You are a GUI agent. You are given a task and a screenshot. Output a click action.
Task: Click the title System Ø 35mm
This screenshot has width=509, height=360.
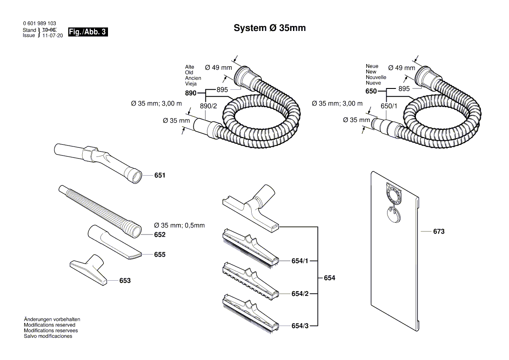pyautogui.click(x=270, y=28)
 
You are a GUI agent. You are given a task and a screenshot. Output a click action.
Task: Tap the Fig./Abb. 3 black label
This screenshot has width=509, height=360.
pyautogui.click(x=88, y=32)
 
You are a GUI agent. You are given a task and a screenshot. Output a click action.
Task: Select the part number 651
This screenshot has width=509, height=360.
pyautogui.click(x=160, y=176)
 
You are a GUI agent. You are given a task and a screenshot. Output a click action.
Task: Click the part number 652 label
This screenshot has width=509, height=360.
pyautogui.click(x=160, y=235)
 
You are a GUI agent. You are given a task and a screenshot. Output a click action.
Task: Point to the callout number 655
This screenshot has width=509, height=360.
pyautogui.click(x=160, y=255)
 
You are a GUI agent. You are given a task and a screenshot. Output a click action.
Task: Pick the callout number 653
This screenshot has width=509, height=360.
pyautogui.click(x=125, y=281)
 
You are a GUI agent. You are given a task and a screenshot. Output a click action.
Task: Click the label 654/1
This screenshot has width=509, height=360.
pyautogui.click(x=300, y=261)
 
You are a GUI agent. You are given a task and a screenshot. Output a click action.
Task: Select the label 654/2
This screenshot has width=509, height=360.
pyautogui.click(x=300, y=294)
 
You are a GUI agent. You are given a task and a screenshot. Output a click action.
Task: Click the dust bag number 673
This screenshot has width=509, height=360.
pyautogui.click(x=438, y=232)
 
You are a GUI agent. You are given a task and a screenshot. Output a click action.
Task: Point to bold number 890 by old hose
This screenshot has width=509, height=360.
pyautogui.click(x=191, y=93)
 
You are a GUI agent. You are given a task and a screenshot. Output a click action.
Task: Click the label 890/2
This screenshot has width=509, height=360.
pyautogui.click(x=208, y=106)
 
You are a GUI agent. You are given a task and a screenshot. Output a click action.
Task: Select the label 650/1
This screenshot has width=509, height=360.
pyautogui.click(x=389, y=106)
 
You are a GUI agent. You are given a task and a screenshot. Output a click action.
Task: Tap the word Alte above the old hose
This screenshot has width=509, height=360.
pyautogui.click(x=189, y=67)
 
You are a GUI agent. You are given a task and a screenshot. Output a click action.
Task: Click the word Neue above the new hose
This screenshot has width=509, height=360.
pyautogui.click(x=372, y=66)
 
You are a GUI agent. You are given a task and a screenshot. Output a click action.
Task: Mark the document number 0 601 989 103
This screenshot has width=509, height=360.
pyautogui.click(x=39, y=24)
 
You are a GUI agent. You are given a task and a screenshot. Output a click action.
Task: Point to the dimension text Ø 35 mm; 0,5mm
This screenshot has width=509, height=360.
pyautogui.click(x=179, y=226)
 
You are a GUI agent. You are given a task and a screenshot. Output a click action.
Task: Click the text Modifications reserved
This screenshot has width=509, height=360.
pyautogui.click(x=49, y=325)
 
